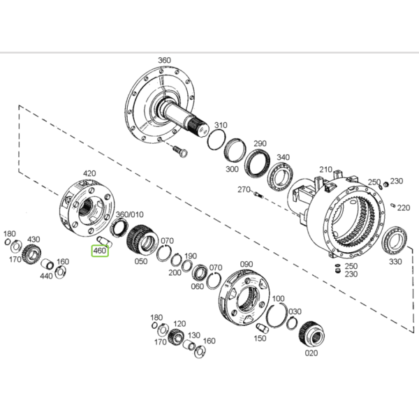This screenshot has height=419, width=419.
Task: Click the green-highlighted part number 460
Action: (100, 251)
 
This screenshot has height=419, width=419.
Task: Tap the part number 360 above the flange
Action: (164, 60)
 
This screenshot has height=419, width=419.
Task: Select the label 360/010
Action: (130, 214)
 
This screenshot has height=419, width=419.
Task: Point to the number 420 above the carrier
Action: (89, 173)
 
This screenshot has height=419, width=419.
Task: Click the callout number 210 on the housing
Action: (325, 170)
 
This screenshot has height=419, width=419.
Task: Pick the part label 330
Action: (395, 262)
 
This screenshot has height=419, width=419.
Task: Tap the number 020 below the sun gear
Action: (311, 353)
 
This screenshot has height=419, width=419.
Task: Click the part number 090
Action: (247, 264)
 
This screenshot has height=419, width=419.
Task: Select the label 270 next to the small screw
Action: (244, 189)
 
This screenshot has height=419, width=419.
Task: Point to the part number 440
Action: (46, 276)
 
